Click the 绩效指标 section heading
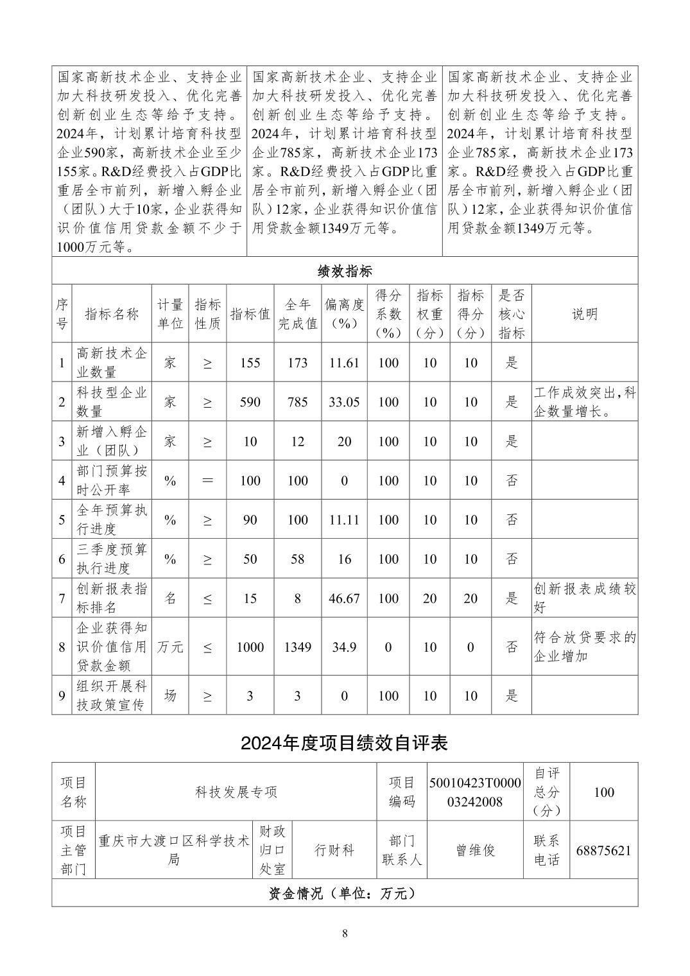[x=345, y=271]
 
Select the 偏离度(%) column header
[x=344, y=313]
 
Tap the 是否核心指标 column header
[x=512, y=313]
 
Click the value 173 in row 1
[x=297, y=363]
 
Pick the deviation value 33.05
[x=344, y=402]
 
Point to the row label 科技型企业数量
[x=112, y=402]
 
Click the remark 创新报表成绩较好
[x=584, y=598]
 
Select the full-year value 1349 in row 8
[x=297, y=647]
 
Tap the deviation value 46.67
[x=344, y=598]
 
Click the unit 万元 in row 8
[x=170, y=647]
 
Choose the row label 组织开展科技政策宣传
[x=112, y=695]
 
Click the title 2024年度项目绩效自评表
[x=345, y=743]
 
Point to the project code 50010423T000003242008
[x=475, y=792]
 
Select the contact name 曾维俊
[x=475, y=850]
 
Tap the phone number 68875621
[x=603, y=850]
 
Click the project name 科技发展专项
[x=236, y=792]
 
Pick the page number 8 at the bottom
[x=345, y=933]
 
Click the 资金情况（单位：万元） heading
[x=345, y=893]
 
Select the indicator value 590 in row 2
[x=250, y=402]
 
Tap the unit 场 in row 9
[x=170, y=695]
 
